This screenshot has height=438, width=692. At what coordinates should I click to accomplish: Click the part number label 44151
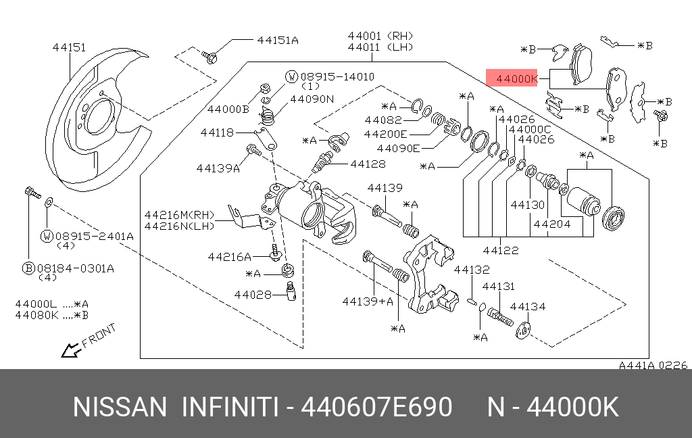click(x=69, y=47)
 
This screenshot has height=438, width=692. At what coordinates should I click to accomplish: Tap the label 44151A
click(x=277, y=39)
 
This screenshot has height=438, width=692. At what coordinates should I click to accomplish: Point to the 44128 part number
click(x=368, y=164)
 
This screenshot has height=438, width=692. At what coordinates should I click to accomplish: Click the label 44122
click(x=501, y=250)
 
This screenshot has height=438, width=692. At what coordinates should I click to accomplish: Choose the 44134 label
click(x=528, y=306)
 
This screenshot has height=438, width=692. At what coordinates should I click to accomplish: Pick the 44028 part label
click(x=253, y=294)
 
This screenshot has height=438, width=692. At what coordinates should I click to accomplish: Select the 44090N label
click(x=312, y=99)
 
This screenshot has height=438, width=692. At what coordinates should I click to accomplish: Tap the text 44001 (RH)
click(x=380, y=35)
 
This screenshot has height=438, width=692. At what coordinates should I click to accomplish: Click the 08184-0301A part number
click(x=76, y=268)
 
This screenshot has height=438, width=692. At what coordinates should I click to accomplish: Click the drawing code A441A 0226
click(x=653, y=365)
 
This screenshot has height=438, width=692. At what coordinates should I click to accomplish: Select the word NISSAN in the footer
click(x=120, y=408)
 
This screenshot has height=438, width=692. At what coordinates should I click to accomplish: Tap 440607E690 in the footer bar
click(x=376, y=408)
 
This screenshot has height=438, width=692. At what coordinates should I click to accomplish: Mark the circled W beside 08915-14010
click(x=291, y=76)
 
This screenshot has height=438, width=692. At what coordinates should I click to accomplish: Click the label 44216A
click(x=230, y=257)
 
